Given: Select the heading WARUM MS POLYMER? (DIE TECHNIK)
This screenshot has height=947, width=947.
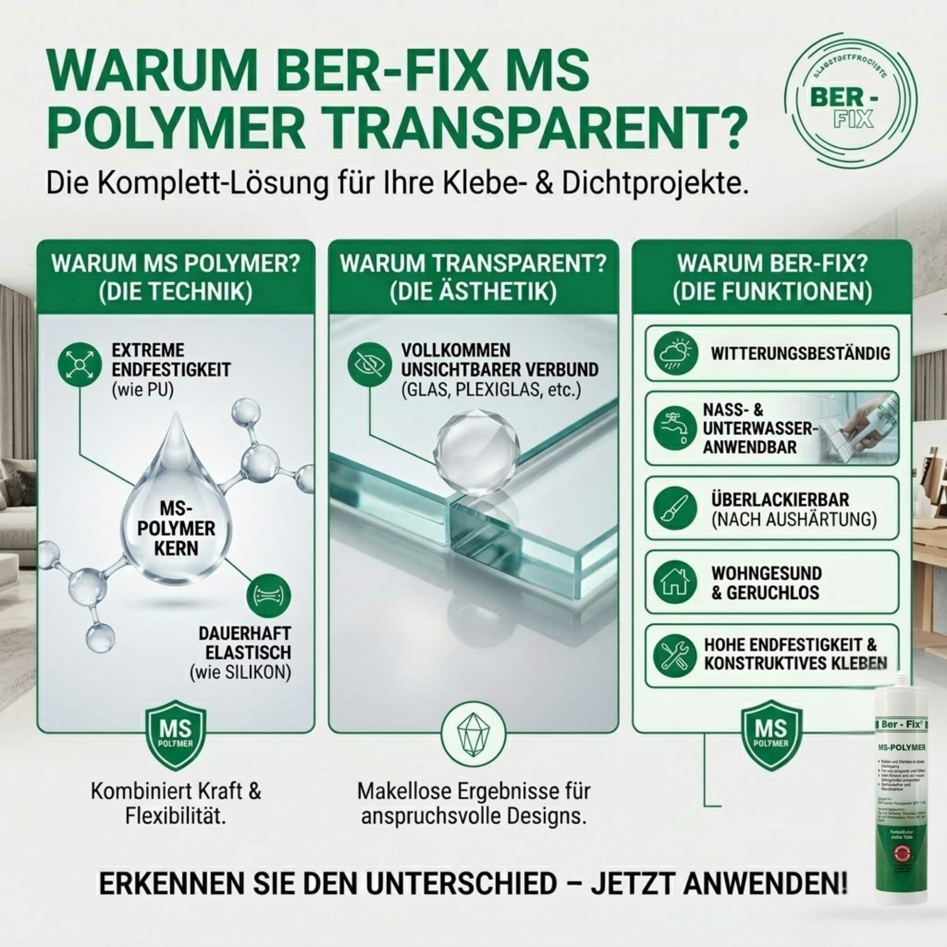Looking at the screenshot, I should [176, 277].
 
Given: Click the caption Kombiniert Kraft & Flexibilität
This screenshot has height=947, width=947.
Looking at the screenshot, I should [177, 804].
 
